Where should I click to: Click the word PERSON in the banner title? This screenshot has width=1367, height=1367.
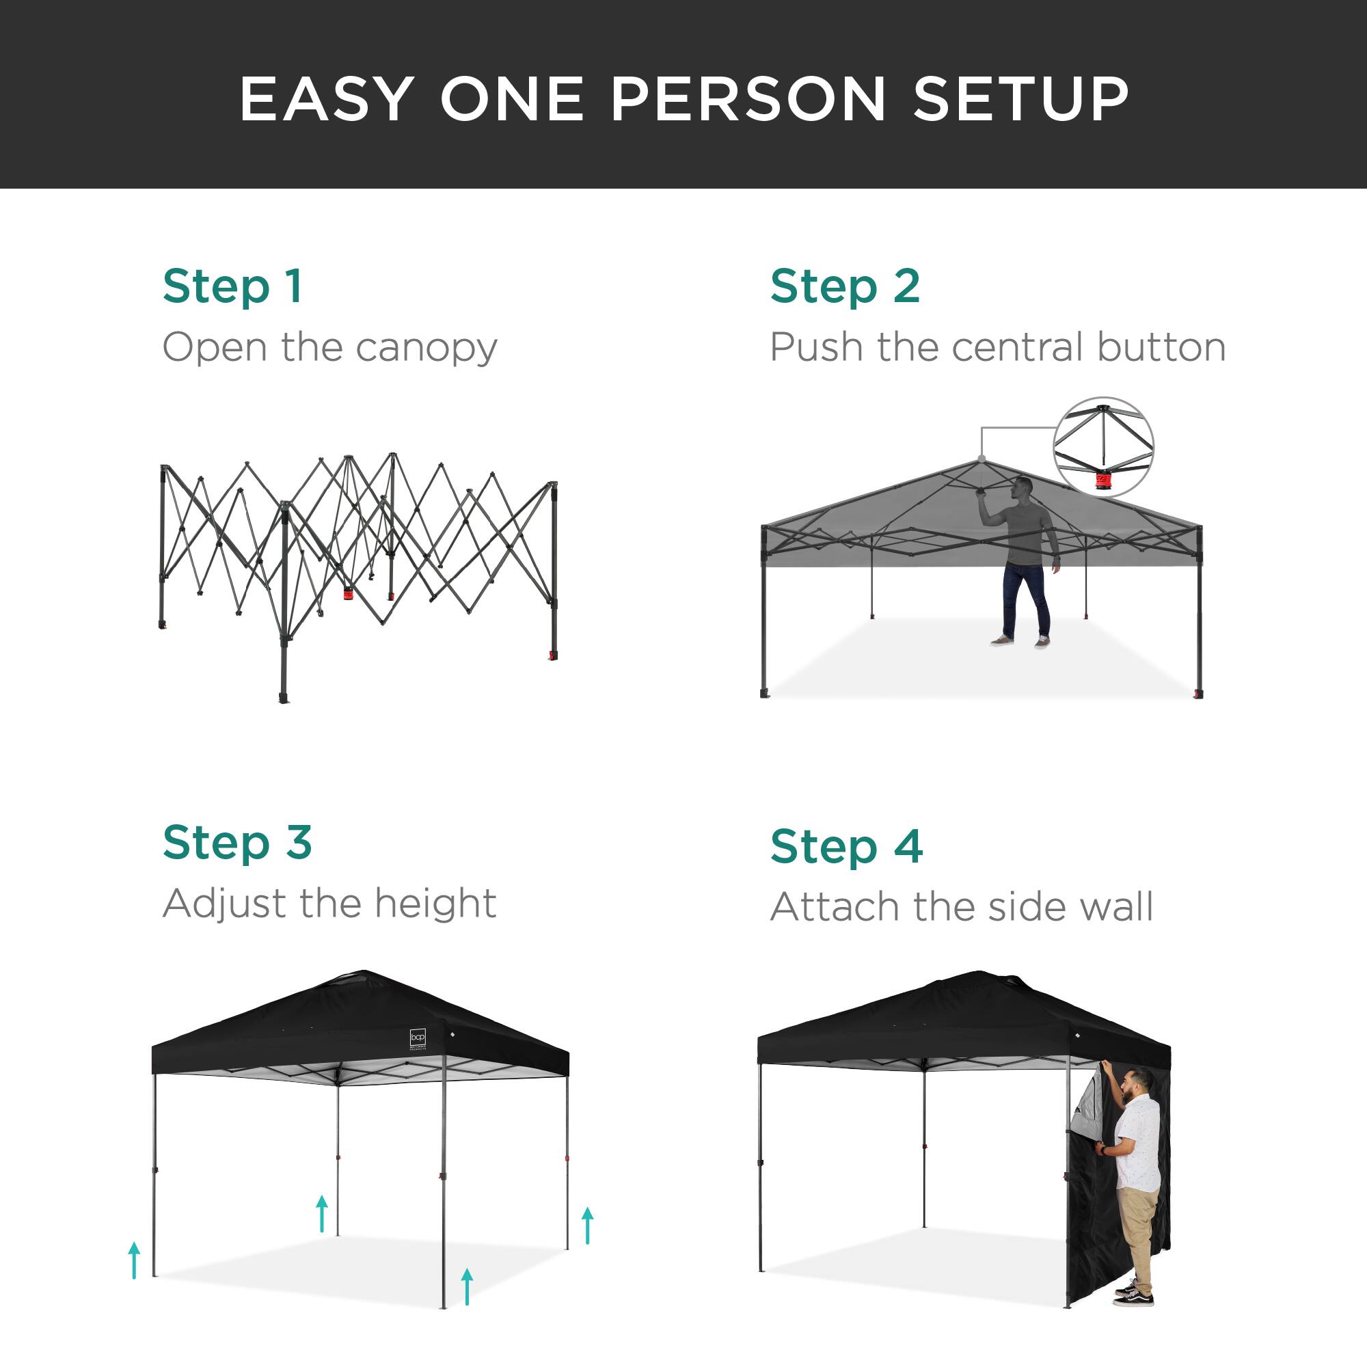tap(748, 99)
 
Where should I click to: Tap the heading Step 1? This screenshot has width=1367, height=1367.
tap(232, 286)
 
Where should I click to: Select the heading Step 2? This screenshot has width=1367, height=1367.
tap(845, 286)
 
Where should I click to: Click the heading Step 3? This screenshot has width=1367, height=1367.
tap(237, 843)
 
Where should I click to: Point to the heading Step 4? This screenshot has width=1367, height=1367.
tap(846, 846)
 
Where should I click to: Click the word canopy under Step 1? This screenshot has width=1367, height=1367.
tap(426, 349)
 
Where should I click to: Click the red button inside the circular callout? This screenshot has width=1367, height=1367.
tap(1103, 482)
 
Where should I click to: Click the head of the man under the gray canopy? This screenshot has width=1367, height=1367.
tap(1023, 487)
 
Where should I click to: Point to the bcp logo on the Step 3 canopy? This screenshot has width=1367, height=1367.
tap(418, 1039)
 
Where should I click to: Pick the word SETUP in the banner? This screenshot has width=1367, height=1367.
tap(1021, 99)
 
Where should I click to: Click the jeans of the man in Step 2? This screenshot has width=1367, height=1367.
tap(1025, 598)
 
